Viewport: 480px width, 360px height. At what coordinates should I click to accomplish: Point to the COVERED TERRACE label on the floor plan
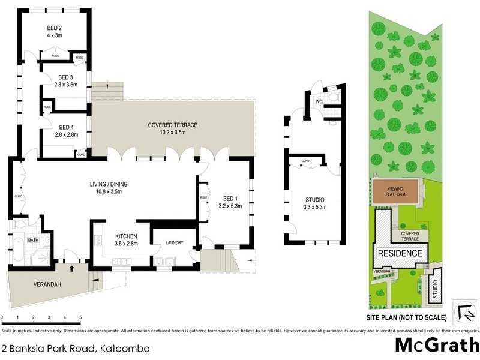(x=173, y=125)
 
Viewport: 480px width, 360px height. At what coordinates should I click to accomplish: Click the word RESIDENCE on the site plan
(x=400, y=253)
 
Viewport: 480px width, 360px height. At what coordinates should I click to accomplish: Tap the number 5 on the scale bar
(x=80, y=317)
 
